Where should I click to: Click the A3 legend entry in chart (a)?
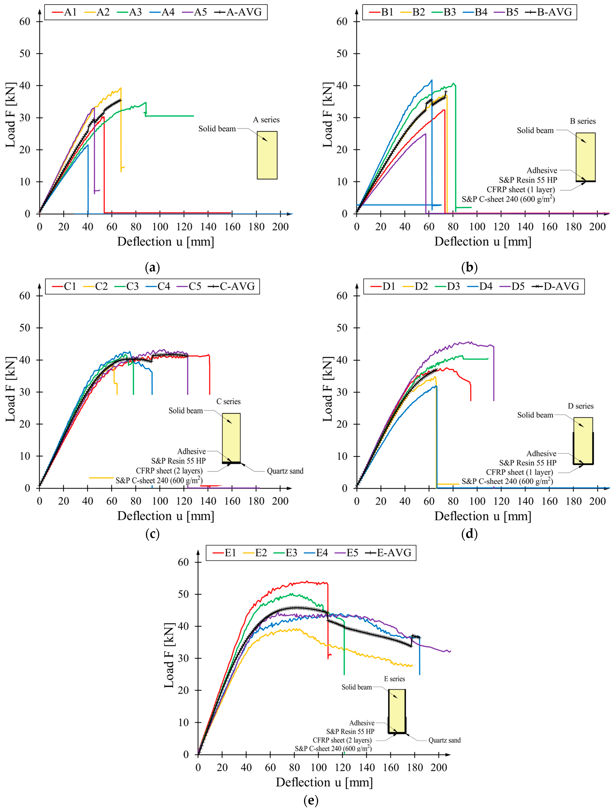129,12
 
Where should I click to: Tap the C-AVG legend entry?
231,286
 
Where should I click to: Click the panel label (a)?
152,267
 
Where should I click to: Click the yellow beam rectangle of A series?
267,155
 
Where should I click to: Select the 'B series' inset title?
583,121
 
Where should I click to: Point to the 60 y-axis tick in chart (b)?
342,22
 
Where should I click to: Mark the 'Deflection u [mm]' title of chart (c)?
166,516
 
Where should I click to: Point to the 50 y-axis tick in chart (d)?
342,328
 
